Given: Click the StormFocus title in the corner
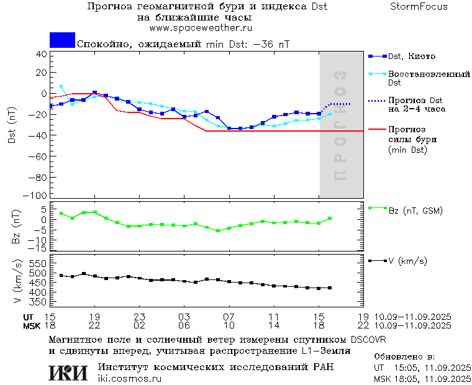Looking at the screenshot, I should pyautogui.click(x=419, y=7).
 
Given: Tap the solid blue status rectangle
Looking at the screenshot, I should pyautogui.click(x=62, y=40).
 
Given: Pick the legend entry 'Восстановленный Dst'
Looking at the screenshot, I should pyautogui.click(x=429, y=78).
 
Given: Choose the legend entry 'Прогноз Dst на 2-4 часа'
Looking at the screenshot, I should pyautogui.click(x=415, y=104).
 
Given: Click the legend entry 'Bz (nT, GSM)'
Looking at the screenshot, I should pyautogui.click(x=415, y=211).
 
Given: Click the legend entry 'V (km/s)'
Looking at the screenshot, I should pyautogui.click(x=407, y=261).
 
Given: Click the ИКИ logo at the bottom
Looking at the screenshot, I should pyautogui.click(x=69, y=373).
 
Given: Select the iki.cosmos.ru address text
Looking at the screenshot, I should pyautogui.click(x=129, y=379).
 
